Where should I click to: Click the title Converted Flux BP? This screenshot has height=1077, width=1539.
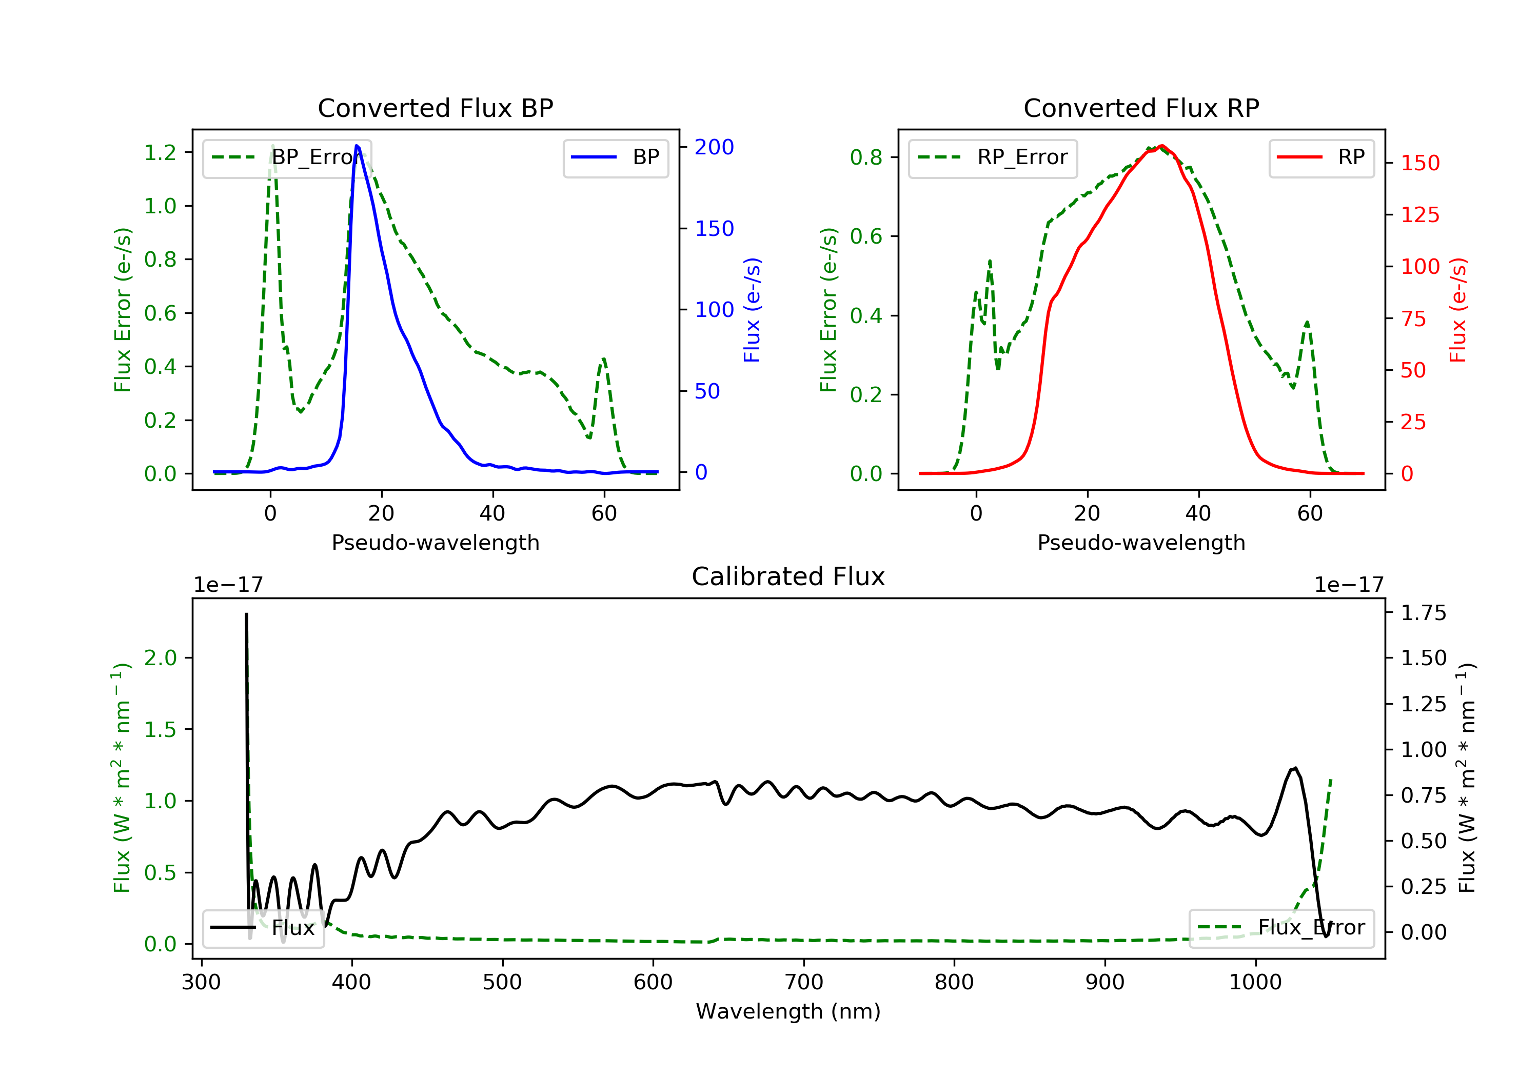pyautogui.click(x=435, y=108)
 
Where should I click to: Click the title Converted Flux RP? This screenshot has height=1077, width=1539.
pyautogui.click(x=1141, y=108)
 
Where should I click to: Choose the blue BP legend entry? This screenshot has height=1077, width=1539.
pyautogui.click(x=615, y=157)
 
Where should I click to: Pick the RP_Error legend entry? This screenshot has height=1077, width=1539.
pyautogui.click(x=993, y=157)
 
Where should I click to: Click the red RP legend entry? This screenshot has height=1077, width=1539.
pyautogui.click(x=1321, y=157)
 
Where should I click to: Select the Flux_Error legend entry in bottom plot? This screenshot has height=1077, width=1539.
pyautogui.click(x=1281, y=928)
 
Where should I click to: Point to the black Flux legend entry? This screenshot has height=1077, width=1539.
pyautogui.click(x=264, y=928)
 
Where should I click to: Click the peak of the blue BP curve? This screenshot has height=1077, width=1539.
pyautogui.click(x=357, y=146)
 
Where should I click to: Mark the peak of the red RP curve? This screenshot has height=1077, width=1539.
pyautogui.click(x=1161, y=146)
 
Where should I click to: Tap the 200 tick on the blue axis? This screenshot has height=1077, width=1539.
pyautogui.click(x=714, y=147)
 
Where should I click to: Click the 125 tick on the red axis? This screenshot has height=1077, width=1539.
pyautogui.click(x=1419, y=214)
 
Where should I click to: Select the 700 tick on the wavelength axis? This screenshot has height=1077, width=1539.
pyautogui.click(x=804, y=983)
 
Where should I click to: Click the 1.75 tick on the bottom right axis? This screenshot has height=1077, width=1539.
pyautogui.click(x=1423, y=612)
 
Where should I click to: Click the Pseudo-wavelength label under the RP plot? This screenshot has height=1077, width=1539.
pyautogui.click(x=1141, y=542)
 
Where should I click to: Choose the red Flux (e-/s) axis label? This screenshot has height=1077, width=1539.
pyautogui.click(x=1457, y=310)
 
